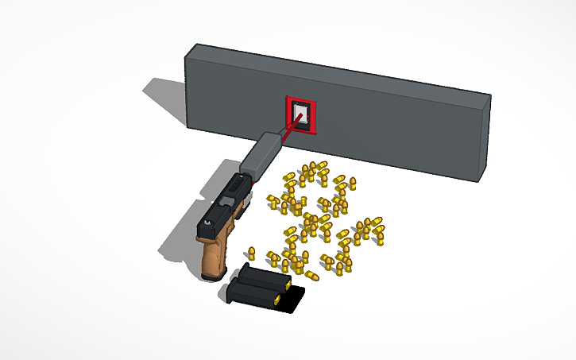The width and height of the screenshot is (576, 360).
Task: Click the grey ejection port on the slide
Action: pos(234,190)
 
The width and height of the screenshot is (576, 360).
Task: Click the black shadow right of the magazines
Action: pos(294,299)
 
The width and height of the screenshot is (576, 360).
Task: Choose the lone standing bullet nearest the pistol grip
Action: pos(251,254)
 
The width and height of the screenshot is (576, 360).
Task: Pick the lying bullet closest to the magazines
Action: pos(311,275)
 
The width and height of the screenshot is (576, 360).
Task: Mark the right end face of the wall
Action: pos(483,139)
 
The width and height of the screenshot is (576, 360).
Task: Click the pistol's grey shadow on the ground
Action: pos(179,238)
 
